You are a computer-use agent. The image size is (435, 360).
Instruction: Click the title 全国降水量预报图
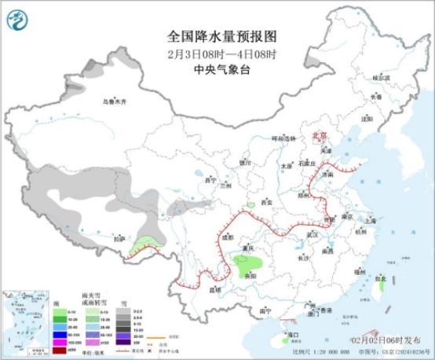(x=221, y=37)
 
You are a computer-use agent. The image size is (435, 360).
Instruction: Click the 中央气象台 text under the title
(x=221, y=68)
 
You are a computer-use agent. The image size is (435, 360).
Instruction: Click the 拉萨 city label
(x=119, y=238)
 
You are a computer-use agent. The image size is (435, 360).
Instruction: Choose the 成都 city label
(x=227, y=236)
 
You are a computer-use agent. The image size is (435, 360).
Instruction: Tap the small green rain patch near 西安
(x=251, y=205)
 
